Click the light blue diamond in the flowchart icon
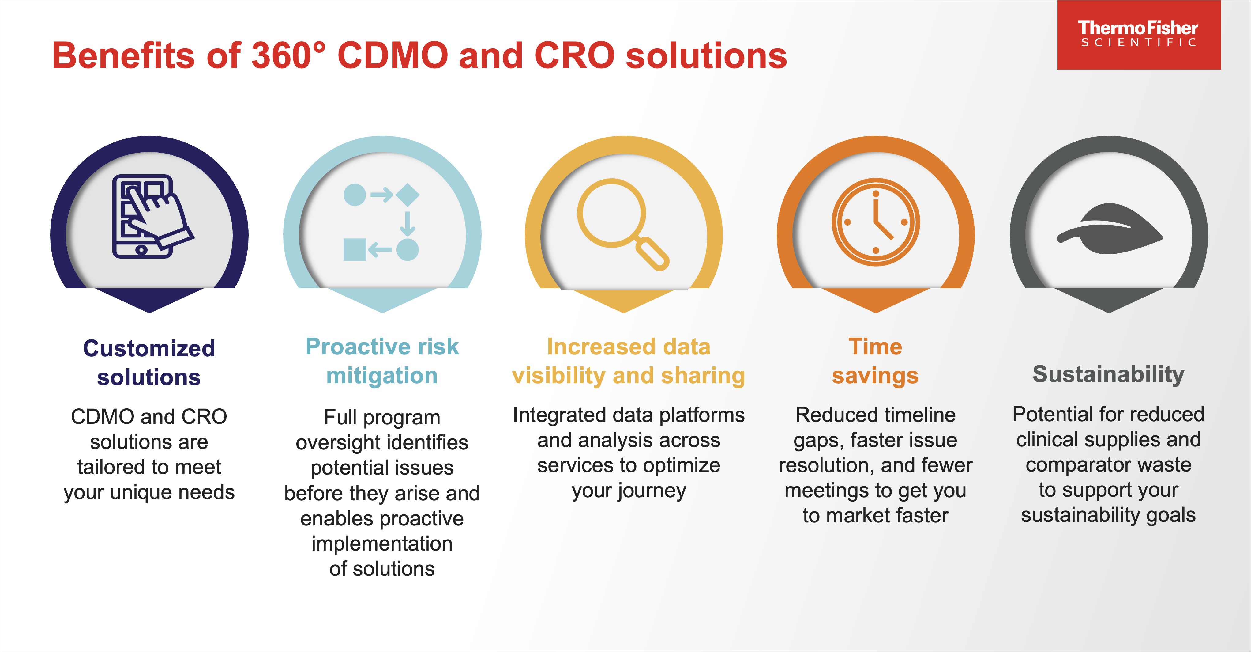tap(408, 195)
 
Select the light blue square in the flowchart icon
tap(355, 250)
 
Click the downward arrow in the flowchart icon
tap(408, 223)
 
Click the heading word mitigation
tap(382, 376)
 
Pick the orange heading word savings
tap(875, 376)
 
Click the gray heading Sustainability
tap(1109, 375)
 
